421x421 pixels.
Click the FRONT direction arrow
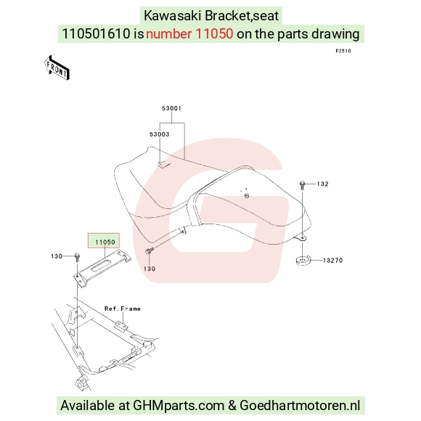click(57, 68)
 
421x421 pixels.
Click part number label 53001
click(171, 108)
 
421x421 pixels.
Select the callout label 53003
click(159, 134)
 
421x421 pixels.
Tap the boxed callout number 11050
click(105, 242)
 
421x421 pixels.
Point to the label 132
click(322, 184)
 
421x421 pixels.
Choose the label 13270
click(332, 260)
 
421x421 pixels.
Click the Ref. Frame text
click(123, 308)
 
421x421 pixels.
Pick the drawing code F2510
click(343, 51)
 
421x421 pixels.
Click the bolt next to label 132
click(302, 186)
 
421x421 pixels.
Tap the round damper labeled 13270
click(303, 261)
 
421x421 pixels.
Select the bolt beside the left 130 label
click(77, 258)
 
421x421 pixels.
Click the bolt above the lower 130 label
click(149, 250)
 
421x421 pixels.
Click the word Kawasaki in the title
click(172, 15)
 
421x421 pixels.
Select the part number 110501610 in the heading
click(96, 34)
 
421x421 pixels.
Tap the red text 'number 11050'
click(189, 34)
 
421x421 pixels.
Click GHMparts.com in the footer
click(179, 406)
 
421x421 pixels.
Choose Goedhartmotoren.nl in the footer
click(300, 405)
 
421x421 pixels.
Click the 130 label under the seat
click(150, 269)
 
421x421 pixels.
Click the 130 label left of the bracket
click(57, 256)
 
